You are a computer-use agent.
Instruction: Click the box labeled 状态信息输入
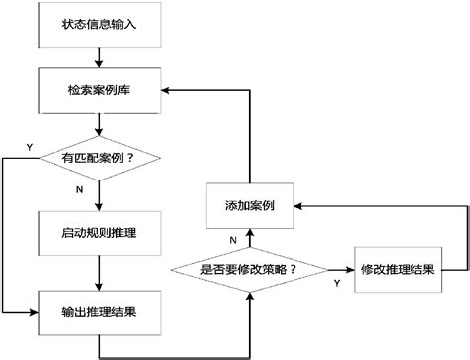point(99,25)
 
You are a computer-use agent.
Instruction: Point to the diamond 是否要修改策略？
point(250,270)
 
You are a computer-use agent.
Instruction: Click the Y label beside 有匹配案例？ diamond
point(29,147)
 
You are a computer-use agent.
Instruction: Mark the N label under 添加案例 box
point(233,239)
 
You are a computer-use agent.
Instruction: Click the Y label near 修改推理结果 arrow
point(336,283)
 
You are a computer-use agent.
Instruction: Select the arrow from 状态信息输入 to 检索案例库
point(99,57)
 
